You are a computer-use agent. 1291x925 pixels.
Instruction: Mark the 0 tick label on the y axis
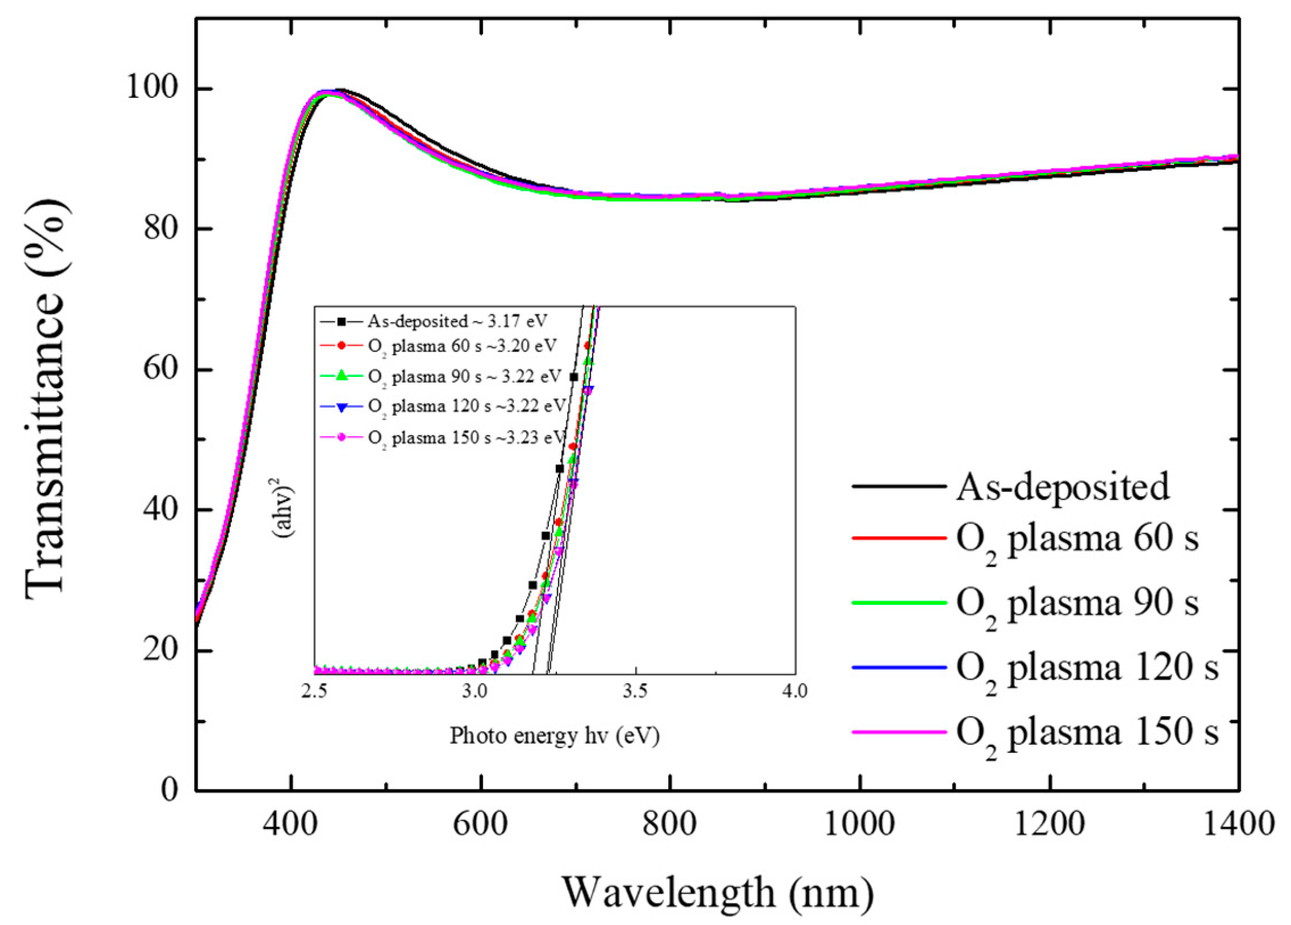[170, 790]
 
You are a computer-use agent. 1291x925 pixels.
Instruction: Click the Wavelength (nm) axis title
[718, 892]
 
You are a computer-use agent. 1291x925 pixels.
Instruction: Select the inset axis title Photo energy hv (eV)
[555, 736]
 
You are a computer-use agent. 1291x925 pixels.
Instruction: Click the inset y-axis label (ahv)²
[284, 511]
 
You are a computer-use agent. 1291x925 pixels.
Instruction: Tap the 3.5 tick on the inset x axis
[635, 691]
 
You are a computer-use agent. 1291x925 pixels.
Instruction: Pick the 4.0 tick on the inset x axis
[794, 691]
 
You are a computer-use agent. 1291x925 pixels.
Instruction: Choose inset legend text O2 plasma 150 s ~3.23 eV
[467, 437]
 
